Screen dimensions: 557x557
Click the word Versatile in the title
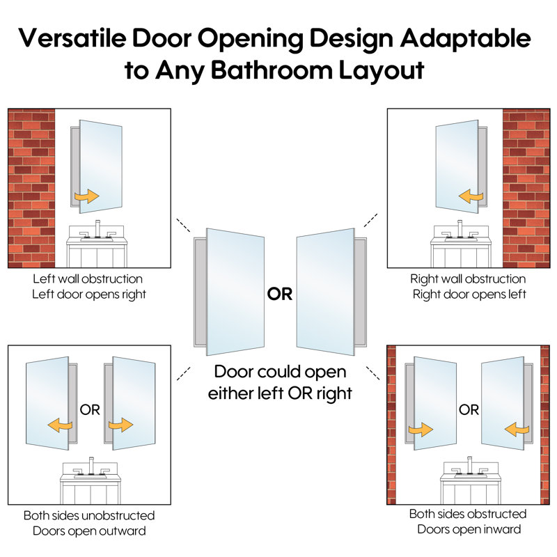72,38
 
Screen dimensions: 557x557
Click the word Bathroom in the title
272,70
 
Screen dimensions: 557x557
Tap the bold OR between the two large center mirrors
280,294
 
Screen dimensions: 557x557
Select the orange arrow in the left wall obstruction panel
86,196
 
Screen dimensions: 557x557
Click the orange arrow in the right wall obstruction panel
471,196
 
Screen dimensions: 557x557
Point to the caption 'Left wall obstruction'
88,279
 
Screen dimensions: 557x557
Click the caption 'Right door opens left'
469,295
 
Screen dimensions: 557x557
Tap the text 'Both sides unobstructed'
89,515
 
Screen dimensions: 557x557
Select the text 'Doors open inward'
469,529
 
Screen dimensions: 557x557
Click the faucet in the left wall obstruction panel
97,229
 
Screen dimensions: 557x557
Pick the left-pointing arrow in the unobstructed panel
60,425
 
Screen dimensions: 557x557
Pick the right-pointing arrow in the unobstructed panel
120,425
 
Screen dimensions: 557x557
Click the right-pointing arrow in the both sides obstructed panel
421,430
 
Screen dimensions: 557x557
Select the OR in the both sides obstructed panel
469,410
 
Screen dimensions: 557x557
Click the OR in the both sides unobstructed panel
90,410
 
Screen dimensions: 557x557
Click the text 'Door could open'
281,372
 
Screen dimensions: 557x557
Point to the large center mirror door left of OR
235,292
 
